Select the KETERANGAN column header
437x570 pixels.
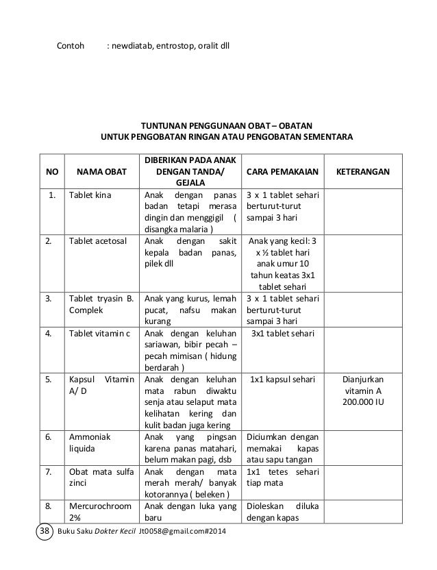click(x=363, y=170)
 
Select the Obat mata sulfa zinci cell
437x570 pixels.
click(x=100, y=477)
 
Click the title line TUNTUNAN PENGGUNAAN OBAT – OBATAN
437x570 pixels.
click(x=227, y=126)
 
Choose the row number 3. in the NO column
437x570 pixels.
click(x=48, y=299)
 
